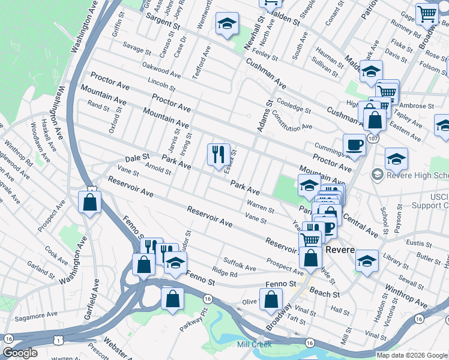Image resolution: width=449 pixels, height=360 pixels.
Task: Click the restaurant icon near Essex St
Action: [x=218, y=155]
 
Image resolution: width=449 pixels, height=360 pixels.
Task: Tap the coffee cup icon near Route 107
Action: [x=354, y=145]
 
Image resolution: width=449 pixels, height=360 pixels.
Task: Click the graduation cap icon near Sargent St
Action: [x=228, y=24]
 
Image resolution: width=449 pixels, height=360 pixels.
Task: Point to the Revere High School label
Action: [x=415, y=175]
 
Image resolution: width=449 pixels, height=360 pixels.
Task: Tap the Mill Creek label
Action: [x=254, y=344]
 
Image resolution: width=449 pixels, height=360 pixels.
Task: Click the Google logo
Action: [x=19, y=353]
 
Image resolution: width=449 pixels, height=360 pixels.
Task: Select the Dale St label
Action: [x=137, y=156]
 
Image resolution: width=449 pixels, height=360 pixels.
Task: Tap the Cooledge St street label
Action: [x=294, y=106]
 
